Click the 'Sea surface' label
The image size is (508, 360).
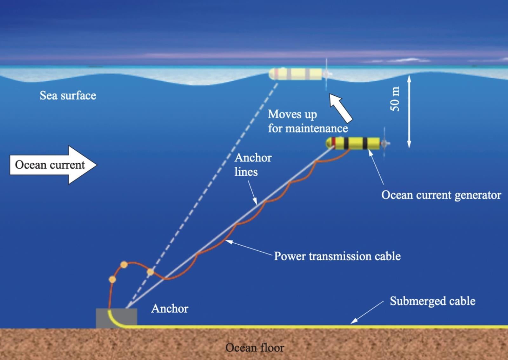(x=68, y=95)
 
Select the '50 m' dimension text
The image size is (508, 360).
(x=395, y=99)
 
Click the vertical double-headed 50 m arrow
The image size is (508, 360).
(x=409, y=111)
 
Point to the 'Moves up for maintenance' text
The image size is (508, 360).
(x=307, y=121)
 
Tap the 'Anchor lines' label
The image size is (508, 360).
(x=253, y=165)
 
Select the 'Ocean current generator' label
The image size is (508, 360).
(x=441, y=195)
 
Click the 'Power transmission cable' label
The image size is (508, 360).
(x=337, y=256)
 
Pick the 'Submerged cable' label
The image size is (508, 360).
(x=432, y=301)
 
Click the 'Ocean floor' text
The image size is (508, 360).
(x=255, y=348)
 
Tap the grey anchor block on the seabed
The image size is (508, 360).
(x=117, y=318)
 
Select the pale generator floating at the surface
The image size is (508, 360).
(x=295, y=74)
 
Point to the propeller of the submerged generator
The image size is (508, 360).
(x=385, y=144)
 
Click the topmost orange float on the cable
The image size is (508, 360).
(x=124, y=265)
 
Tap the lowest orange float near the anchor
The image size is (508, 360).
(x=112, y=280)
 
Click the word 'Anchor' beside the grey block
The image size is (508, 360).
(x=170, y=309)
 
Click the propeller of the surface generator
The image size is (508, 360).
(x=326, y=74)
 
